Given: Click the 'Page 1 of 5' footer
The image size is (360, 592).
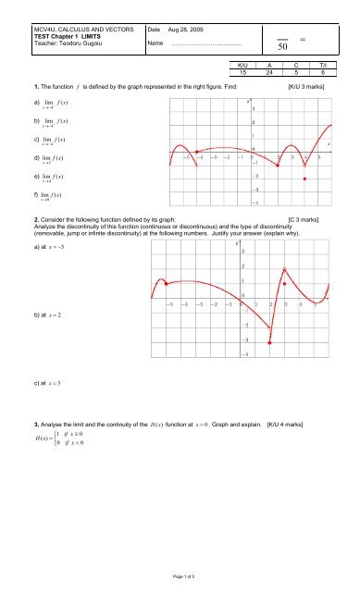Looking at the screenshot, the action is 180,574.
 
